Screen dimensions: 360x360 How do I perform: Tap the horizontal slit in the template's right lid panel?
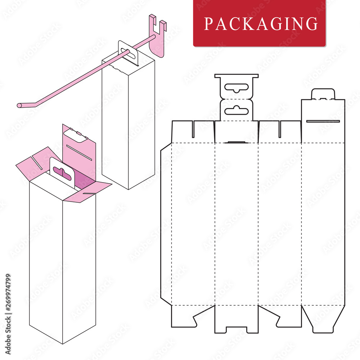coord(323,121)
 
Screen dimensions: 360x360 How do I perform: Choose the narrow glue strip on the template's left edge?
coord(166,223)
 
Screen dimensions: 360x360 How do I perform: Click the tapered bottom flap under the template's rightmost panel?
coord(323,319)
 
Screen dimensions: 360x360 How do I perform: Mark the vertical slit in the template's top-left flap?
coord(193,129)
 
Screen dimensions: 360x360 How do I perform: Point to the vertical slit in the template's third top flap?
coord(280,129)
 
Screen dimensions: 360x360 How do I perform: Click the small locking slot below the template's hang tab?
coord(236,143)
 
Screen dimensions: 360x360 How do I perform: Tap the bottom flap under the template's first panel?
coord(187,317)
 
